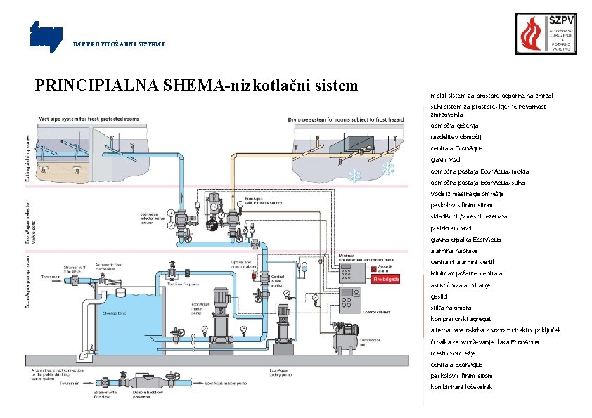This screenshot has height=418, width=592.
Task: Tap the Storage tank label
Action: (114, 313)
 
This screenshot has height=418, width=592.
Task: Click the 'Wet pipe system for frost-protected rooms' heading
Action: (89, 119)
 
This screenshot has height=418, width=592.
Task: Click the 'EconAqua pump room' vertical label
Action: (29, 281)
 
